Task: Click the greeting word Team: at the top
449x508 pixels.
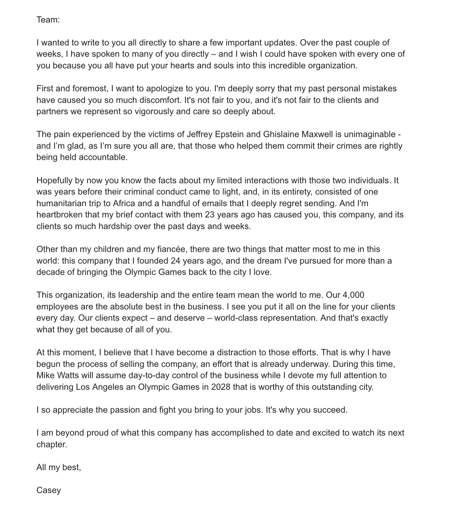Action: [x=48, y=20]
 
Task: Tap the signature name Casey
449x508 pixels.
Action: [x=49, y=490]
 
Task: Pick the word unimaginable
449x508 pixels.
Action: [x=369, y=134]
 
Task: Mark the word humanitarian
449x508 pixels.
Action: [x=60, y=203]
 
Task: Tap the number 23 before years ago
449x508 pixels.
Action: [x=210, y=215]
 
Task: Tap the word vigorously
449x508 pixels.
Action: [x=154, y=112]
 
